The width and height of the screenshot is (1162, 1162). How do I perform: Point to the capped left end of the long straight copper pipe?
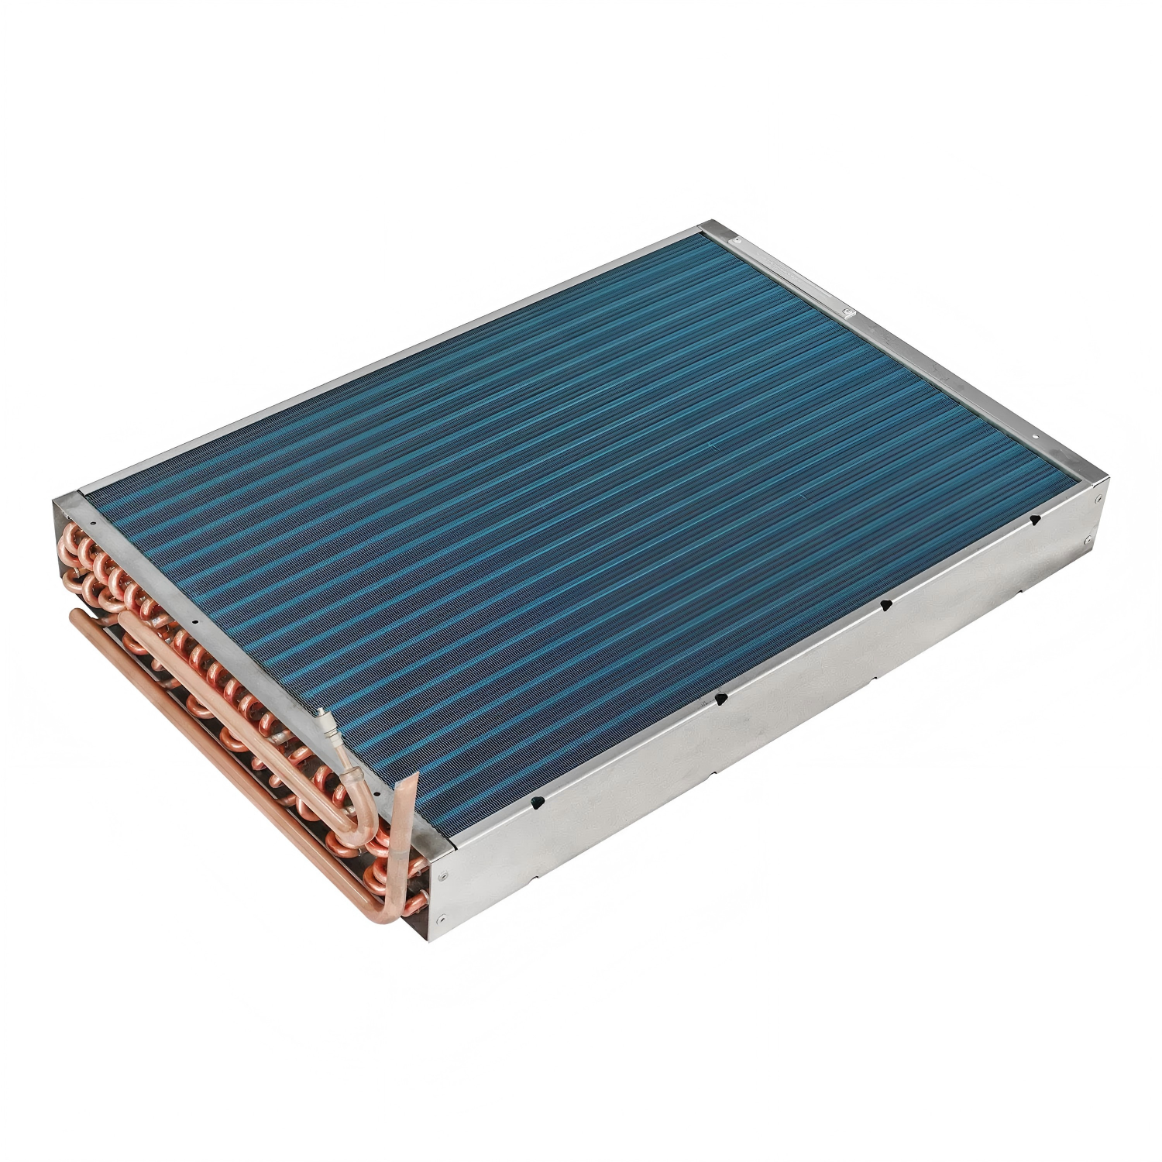[x=75, y=614]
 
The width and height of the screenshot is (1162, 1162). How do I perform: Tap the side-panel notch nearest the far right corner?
[x=1033, y=521]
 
